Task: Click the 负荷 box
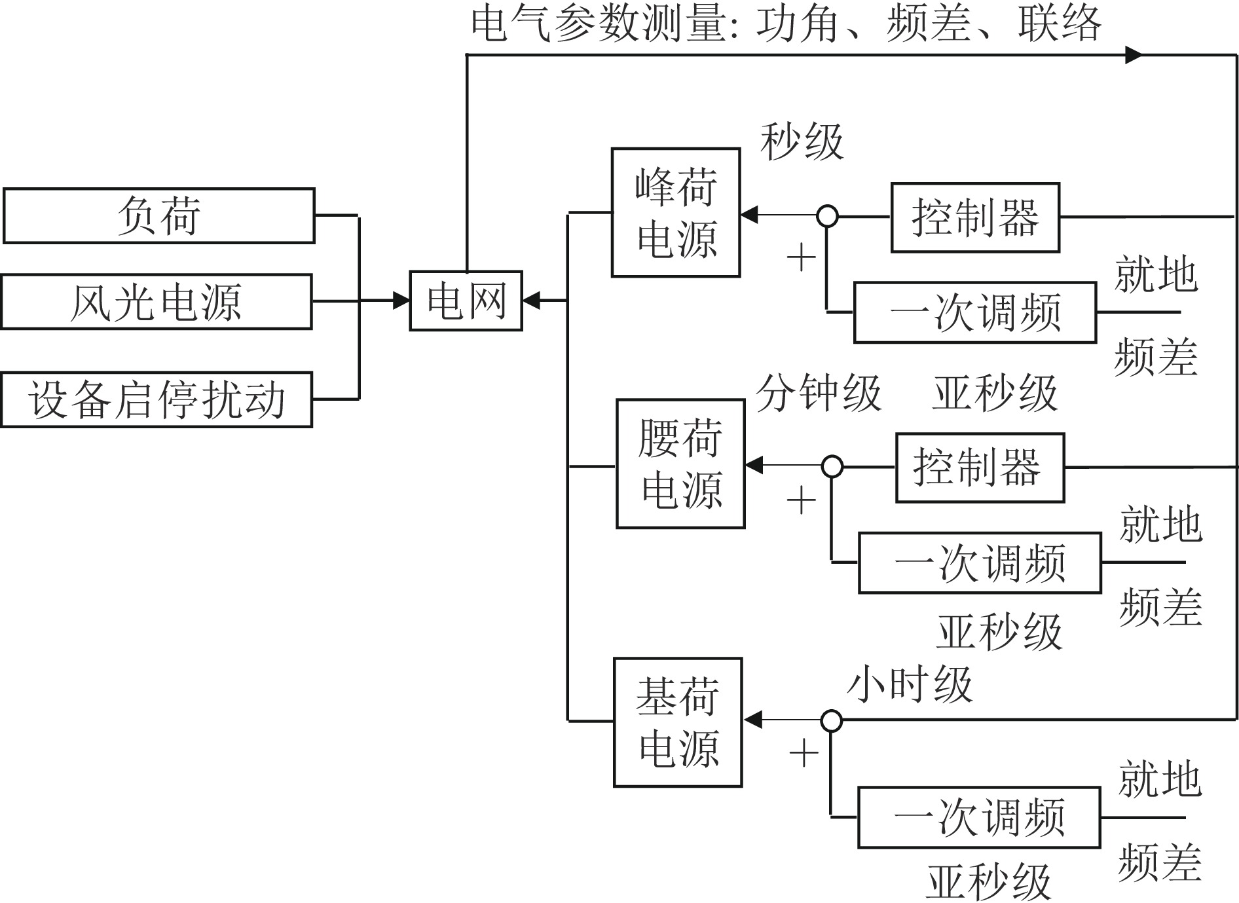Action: (159, 216)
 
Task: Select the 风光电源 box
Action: (157, 302)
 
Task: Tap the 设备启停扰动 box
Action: (157, 399)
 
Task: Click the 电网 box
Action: (466, 301)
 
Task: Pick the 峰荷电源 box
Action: (676, 213)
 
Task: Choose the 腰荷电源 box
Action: (680, 464)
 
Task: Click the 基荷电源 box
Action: (678, 722)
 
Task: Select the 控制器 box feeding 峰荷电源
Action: (975, 217)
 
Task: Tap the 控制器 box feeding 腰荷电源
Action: (980, 468)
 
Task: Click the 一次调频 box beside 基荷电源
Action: (979, 818)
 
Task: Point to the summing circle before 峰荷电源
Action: (828, 215)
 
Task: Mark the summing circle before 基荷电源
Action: (832, 720)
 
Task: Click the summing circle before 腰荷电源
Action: (832, 466)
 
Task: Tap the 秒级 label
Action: (802, 142)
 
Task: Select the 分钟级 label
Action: (819, 394)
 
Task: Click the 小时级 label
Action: (910, 685)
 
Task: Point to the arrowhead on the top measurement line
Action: (1134, 55)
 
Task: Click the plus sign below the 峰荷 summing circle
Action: (802, 257)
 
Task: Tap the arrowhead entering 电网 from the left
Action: (401, 301)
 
